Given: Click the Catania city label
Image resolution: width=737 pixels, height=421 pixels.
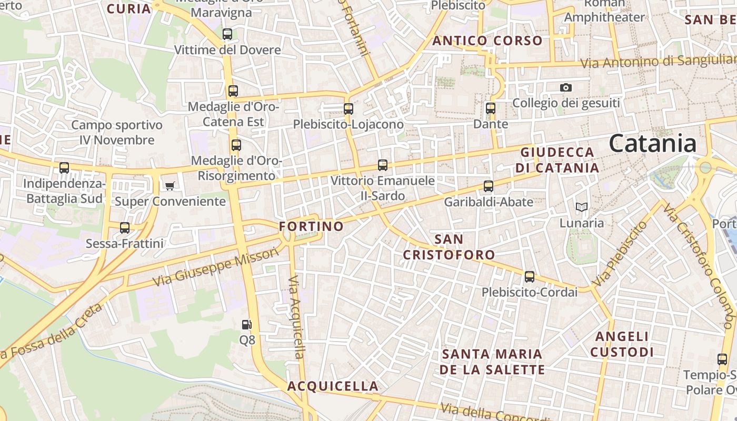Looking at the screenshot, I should click(653, 144).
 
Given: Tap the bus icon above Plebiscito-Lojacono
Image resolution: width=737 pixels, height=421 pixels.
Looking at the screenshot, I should click(348, 109).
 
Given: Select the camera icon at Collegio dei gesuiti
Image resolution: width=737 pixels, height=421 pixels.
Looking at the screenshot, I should click(566, 87).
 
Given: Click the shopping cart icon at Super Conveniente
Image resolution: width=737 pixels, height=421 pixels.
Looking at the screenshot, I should click(170, 186).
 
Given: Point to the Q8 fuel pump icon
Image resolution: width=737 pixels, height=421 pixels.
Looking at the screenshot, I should click(246, 325).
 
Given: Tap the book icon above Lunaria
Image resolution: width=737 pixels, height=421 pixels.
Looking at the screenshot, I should click(581, 207).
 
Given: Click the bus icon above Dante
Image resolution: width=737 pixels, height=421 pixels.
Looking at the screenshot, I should click(491, 109).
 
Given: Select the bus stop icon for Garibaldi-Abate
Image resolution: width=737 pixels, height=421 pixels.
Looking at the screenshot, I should click(489, 186).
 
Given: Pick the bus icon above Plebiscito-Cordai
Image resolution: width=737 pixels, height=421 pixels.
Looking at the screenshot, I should click(530, 277).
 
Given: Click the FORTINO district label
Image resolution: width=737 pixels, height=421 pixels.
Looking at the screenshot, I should click(311, 226).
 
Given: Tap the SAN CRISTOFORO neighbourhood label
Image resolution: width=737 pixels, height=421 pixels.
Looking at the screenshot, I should click(449, 247).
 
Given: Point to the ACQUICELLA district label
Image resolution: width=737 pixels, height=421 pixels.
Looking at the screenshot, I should click(333, 386).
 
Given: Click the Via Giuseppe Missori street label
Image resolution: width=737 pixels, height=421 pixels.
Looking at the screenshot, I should click(215, 267).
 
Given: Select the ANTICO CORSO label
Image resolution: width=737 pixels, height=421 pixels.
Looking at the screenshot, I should click(487, 41).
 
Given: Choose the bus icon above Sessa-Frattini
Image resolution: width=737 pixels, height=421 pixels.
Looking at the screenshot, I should click(125, 228).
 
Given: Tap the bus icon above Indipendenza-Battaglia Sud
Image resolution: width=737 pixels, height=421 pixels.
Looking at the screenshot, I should click(64, 168).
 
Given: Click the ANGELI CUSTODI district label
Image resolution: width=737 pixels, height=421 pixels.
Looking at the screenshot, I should click(622, 344).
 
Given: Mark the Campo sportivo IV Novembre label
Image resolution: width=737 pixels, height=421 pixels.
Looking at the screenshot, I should click(117, 133).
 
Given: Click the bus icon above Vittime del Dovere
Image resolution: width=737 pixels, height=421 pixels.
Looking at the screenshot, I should click(227, 34).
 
